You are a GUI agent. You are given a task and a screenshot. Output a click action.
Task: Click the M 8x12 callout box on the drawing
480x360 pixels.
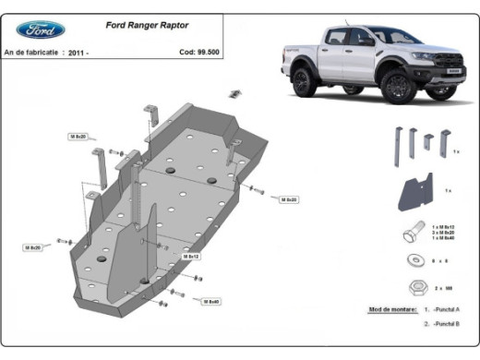pos(191,256)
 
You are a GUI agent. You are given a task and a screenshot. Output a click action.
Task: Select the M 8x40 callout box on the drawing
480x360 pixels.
pos(210,301)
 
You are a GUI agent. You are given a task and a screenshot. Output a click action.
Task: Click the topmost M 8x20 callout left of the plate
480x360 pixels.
pos(78,136)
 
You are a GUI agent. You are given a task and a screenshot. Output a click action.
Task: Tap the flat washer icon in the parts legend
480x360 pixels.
pos(413,259)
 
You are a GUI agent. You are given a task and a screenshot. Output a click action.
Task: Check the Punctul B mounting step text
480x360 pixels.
pos(444,325)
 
